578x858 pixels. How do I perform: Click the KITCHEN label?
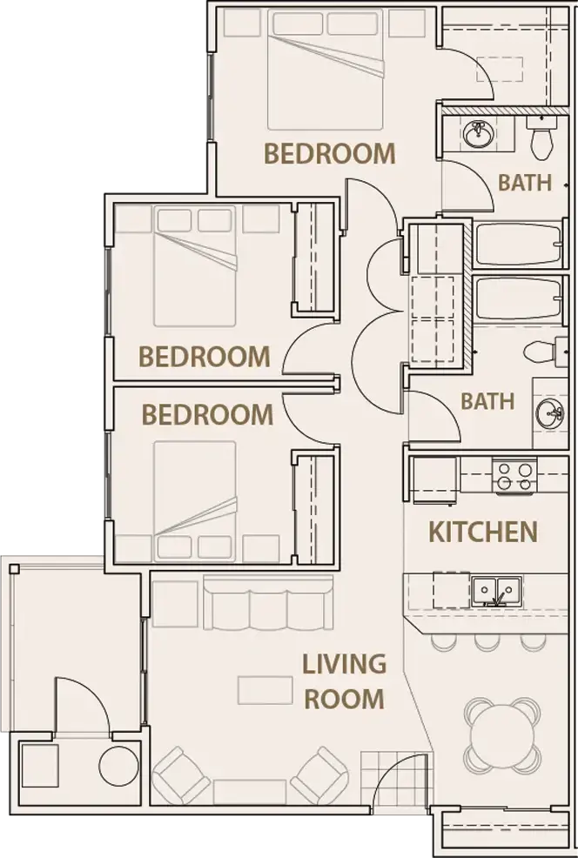(483, 531)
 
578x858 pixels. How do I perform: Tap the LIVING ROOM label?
(343, 680)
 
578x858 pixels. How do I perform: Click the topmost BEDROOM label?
(329, 154)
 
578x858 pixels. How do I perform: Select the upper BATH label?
(525, 183)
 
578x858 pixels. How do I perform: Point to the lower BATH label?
(487, 402)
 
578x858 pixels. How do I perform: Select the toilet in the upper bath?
(541, 138)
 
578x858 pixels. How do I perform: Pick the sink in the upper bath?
(478, 136)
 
